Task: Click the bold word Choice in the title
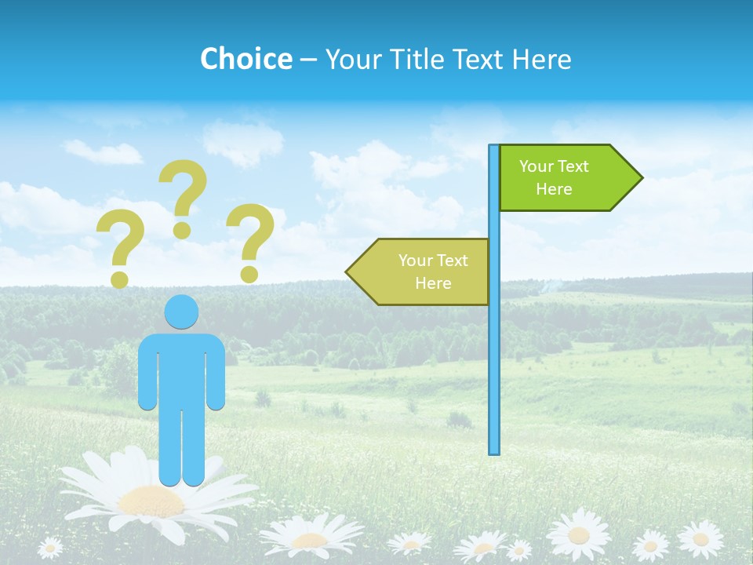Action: point(246,59)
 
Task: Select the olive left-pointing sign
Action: point(424,272)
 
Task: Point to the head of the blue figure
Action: point(181,312)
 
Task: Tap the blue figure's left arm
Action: point(147,373)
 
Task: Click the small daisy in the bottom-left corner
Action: point(51,547)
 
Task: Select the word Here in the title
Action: point(541,59)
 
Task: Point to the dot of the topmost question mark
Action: point(183,230)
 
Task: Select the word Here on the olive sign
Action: point(433,283)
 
